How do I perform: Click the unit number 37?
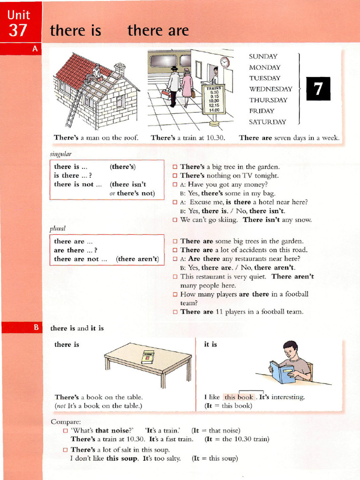pyautogui.click(x=18, y=30)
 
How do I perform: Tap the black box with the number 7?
pyautogui.click(x=318, y=89)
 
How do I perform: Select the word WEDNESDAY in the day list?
pyautogui.click(x=270, y=89)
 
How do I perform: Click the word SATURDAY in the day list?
pyautogui.click(x=267, y=122)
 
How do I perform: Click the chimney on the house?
pyautogui.click(x=120, y=68)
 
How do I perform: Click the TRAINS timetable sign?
pyautogui.click(x=213, y=99)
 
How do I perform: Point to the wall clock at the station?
pyautogui.click(x=225, y=61)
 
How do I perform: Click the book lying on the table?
pyautogui.click(x=148, y=357)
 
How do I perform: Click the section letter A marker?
pyautogui.click(x=35, y=48)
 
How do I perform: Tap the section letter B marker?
pyautogui.click(x=35, y=328)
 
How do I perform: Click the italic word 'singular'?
pyautogui.click(x=60, y=153)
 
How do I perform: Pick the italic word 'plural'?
pyautogui.click(x=57, y=228)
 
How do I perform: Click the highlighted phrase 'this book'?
pyautogui.click(x=239, y=397)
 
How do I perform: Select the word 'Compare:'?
pyautogui.click(x=66, y=421)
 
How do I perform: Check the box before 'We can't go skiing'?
pyautogui.click(x=175, y=219)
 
